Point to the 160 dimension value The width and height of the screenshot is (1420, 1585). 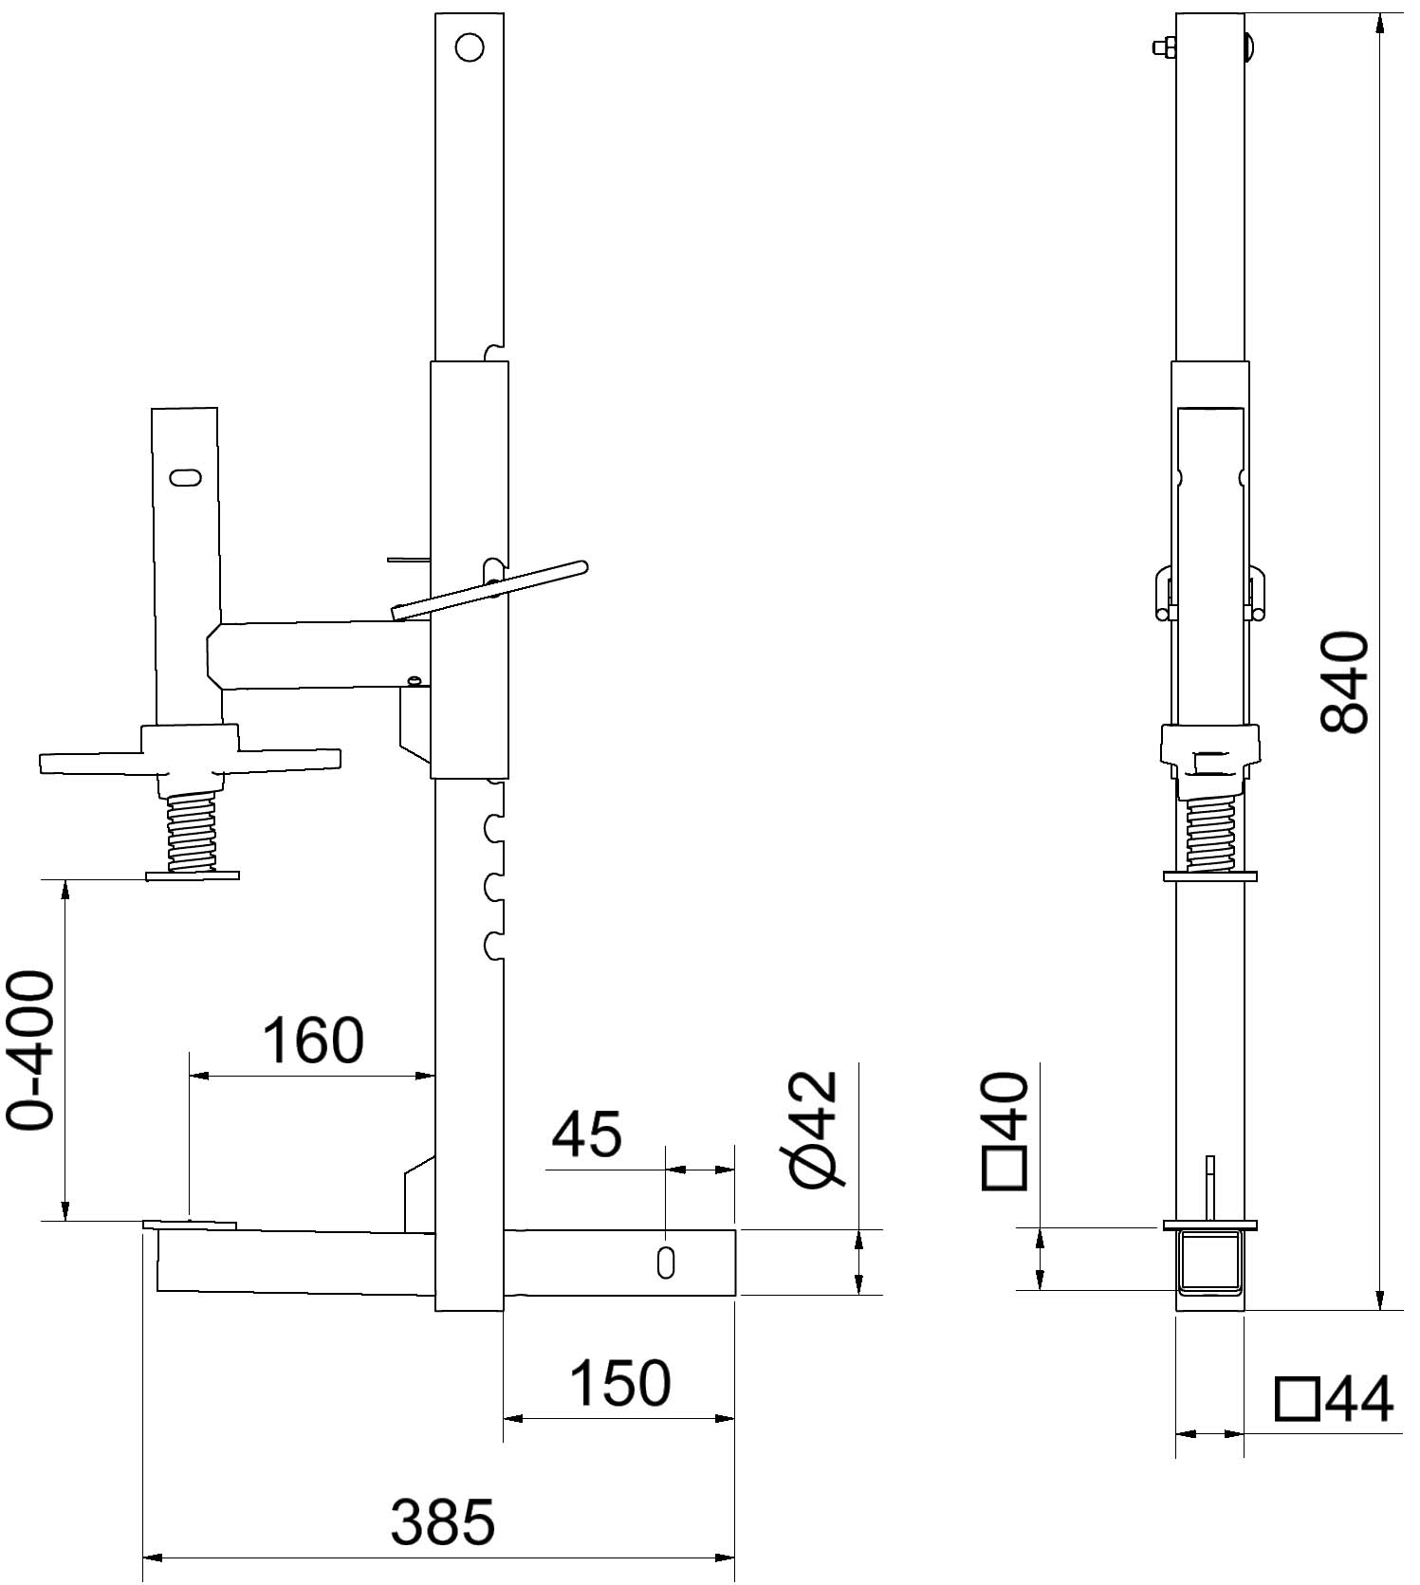coord(313,1040)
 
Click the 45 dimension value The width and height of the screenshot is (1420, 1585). coord(587,1133)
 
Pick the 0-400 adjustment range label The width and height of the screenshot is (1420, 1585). coord(29,1050)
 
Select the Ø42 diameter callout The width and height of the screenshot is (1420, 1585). coord(814,1129)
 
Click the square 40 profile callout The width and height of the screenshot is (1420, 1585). coord(1006,1130)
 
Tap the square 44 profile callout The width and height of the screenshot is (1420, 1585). coord(1336,1399)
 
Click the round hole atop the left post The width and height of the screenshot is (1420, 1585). coord(470,47)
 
